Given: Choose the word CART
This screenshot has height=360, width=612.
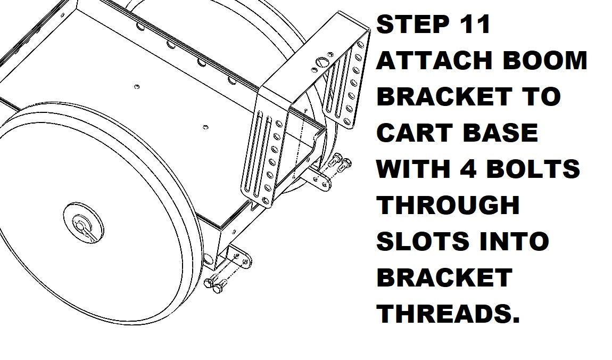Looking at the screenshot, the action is pyautogui.click(x=415, y=133).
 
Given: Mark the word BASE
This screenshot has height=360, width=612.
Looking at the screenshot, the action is pyautogui.click(x=500, y=133).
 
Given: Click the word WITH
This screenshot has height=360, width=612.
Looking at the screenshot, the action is pyautogui.click(x=413, y=169).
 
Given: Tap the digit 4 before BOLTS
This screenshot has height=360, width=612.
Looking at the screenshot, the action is pyautogui.click(x=467, y=169).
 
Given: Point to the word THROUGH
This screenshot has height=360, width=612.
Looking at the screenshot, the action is pyautogui.click(x=448, y=205).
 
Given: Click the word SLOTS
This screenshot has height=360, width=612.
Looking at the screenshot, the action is pyautogui.click(x=423, y=241).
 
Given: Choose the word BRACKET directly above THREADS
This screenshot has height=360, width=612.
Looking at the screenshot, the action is pyautogui.click(x=444, y=277).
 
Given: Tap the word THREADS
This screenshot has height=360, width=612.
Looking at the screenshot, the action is pyautogui.click(x=448, y=313).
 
